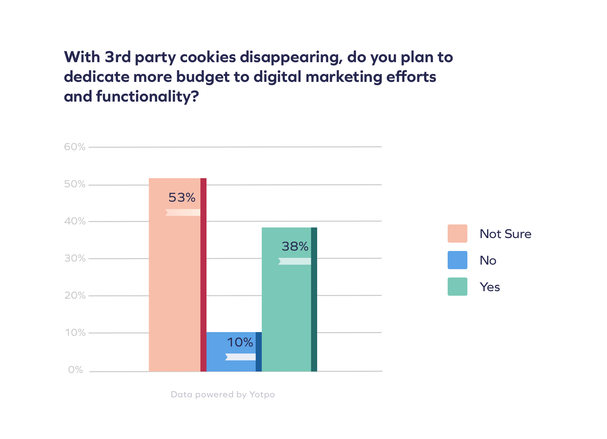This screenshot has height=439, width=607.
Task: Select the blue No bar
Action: tap(231, 364)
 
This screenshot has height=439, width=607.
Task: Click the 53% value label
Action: tap(182, 198)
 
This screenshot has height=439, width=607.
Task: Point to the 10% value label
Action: tap(240, 342)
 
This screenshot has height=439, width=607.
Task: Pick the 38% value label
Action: tap(295, 246)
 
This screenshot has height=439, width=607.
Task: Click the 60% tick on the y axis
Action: tap(75, 147)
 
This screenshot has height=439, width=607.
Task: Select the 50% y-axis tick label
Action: tap(75, 184)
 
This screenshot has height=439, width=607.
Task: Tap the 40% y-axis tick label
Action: tap(75, 221)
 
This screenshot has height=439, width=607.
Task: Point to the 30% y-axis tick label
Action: tap(75, 259)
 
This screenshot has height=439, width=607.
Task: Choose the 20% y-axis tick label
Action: tap(75, 296)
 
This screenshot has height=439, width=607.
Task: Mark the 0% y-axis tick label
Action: tap(75, 370)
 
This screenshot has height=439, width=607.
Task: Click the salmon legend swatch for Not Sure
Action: tap(457, 234)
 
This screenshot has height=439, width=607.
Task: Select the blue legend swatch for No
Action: tap(457, 260)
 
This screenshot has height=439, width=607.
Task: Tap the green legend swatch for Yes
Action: tap(457, 287)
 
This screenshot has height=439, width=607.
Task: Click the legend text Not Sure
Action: tap(505, 234)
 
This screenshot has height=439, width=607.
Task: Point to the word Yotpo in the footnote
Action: tap(262, 395)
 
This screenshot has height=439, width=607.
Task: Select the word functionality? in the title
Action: tap(147, 97)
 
